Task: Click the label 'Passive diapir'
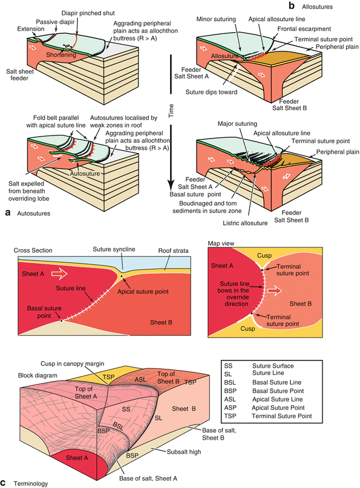[50, 21]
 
